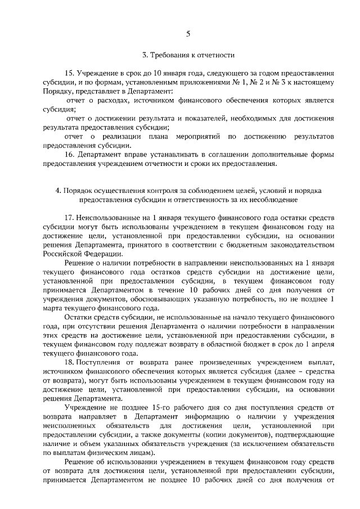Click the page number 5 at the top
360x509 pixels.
[x=188, y=34]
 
